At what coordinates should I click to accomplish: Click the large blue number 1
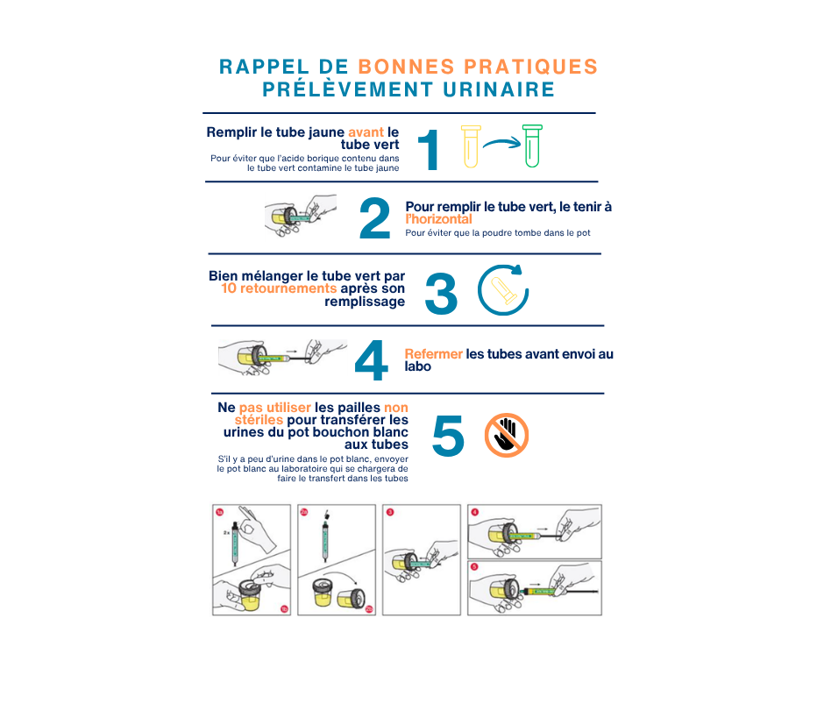pos(428,150)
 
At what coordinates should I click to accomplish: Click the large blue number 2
pos(374,219)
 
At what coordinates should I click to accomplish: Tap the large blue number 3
pos(441,293)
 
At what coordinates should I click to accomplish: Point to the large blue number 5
pos(448,435)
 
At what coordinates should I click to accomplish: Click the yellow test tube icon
pos(470,146)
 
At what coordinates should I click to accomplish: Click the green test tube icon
pos(531,146)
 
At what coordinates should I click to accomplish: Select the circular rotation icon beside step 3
pos(503,289)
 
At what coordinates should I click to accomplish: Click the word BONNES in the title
pos(408,67)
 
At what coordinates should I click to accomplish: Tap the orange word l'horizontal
pos(439,219)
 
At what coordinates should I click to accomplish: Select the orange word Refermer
pos(433,353)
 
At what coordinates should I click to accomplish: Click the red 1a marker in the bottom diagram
pos(221,512)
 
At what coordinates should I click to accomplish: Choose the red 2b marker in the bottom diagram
pos(368,608)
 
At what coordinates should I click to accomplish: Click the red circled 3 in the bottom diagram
pos(390,512)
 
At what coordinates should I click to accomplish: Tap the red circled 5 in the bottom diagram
pos(475,566)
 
